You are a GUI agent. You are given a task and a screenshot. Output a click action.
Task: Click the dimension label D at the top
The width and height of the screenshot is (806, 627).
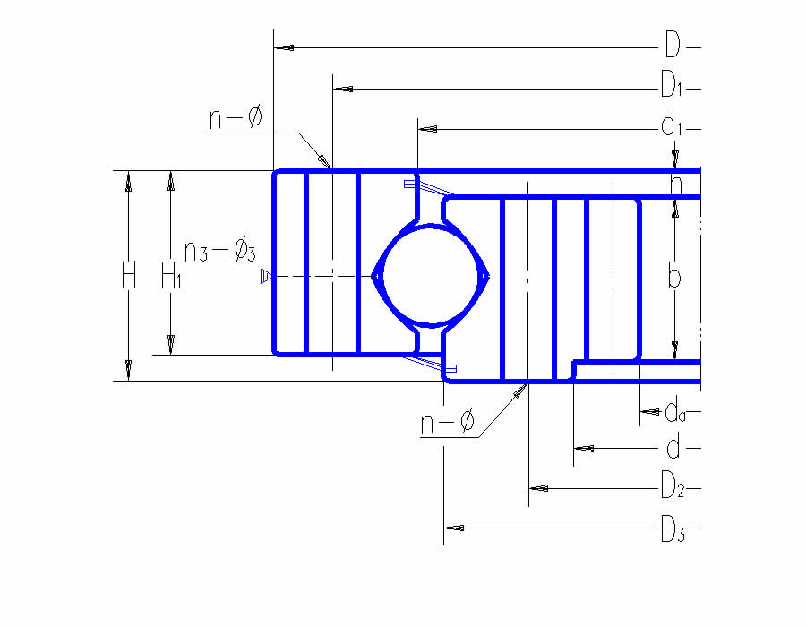(672, 44)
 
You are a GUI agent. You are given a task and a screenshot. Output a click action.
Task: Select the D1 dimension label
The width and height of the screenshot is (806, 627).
(672, 87)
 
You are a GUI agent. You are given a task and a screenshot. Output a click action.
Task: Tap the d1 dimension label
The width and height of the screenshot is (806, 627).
(672, 127)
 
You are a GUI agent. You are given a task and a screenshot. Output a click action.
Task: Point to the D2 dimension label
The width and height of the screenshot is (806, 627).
(672, 487)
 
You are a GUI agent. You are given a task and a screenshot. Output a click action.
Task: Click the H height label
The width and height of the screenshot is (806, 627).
(128, 276)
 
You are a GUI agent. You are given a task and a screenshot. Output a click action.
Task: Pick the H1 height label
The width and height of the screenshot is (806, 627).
(171, 276)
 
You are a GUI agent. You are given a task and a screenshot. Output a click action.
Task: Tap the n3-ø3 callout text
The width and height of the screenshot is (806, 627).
(219, 251)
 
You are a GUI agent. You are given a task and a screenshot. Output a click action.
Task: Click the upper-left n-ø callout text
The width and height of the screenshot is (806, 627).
(236, 117)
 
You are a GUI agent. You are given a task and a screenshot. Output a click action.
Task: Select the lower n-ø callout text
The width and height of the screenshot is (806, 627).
(447, 423)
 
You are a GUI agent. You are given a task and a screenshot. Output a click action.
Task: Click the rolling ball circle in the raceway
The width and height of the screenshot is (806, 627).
(430, 276)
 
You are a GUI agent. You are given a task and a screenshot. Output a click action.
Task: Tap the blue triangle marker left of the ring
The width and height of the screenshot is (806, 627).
(265, 276)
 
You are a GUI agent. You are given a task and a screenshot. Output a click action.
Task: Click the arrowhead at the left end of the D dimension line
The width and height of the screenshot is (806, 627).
(283, 46)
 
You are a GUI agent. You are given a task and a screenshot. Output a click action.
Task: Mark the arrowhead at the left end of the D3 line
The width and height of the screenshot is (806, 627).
(454, 527)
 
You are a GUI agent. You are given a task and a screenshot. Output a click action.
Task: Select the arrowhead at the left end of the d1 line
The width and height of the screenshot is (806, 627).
(428, 129)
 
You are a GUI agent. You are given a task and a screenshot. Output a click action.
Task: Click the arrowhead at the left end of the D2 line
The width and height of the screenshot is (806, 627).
(539, 488)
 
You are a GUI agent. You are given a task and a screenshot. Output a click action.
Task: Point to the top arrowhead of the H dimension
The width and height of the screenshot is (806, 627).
(128, 182)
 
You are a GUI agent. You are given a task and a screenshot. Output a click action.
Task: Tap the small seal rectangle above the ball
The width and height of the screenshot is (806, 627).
(409, 184)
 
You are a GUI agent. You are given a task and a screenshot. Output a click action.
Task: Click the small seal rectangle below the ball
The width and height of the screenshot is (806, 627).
(450, 368)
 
